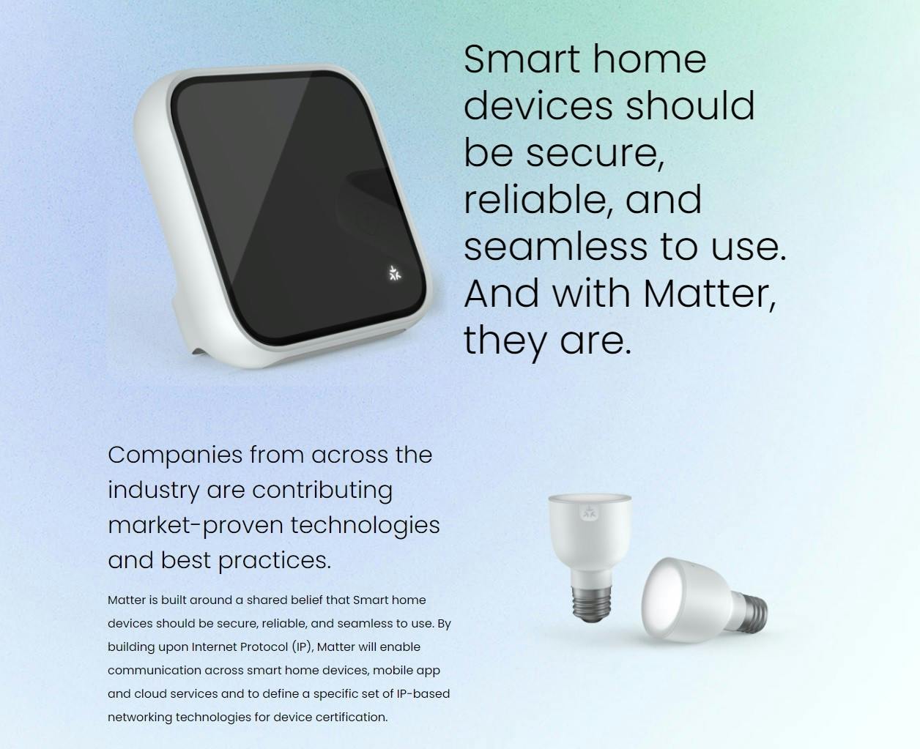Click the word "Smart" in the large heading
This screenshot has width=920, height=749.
522,59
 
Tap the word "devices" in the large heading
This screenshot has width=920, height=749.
538,105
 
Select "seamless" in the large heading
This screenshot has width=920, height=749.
555,247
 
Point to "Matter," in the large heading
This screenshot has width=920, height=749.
709,294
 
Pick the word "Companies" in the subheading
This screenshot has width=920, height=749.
175,456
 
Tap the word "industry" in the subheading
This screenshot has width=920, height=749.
153,491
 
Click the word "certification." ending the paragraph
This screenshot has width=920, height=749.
352,718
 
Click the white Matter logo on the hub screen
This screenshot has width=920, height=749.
394,273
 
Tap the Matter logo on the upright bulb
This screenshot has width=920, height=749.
589,513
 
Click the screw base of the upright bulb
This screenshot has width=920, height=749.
592,603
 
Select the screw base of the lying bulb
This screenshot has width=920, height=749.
752,614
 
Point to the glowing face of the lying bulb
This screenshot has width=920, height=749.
664,600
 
